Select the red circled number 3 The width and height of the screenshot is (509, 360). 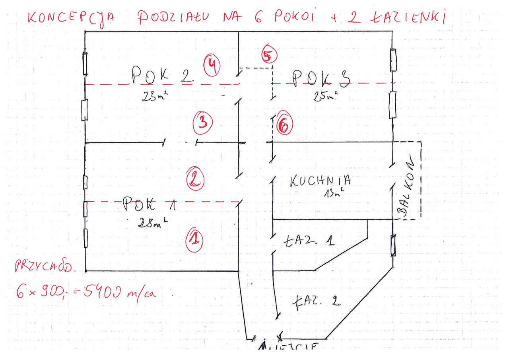tap(203, 123)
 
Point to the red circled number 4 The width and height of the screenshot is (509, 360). tap(212, 66)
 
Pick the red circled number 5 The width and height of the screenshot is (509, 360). tap(269, 56)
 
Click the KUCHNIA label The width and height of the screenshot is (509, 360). tap(321, 181)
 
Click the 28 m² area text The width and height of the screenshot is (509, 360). tap(152, 223)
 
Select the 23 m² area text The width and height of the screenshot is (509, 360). tap(156, 96)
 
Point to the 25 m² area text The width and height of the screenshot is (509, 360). tap(325, 95)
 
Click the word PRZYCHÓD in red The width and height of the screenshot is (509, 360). tap(45, 267)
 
